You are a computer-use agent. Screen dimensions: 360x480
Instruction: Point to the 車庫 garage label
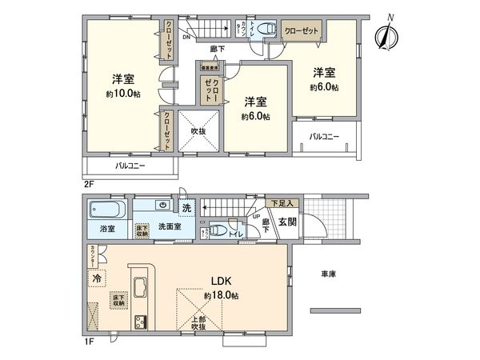tap(328, 274)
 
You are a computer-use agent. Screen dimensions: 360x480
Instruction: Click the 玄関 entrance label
tap(287, 222)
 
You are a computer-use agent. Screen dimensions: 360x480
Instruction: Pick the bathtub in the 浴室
tap(106, 213)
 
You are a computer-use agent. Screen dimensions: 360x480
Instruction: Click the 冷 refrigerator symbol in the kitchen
tap(96, 279)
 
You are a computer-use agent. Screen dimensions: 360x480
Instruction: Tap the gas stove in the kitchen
tap(141, 322)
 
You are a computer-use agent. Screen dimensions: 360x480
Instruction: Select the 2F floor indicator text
tap(89, 183)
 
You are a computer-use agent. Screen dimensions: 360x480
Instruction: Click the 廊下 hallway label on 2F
tap(217, 50)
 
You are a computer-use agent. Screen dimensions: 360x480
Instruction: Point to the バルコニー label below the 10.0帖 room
tap(129, 166)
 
